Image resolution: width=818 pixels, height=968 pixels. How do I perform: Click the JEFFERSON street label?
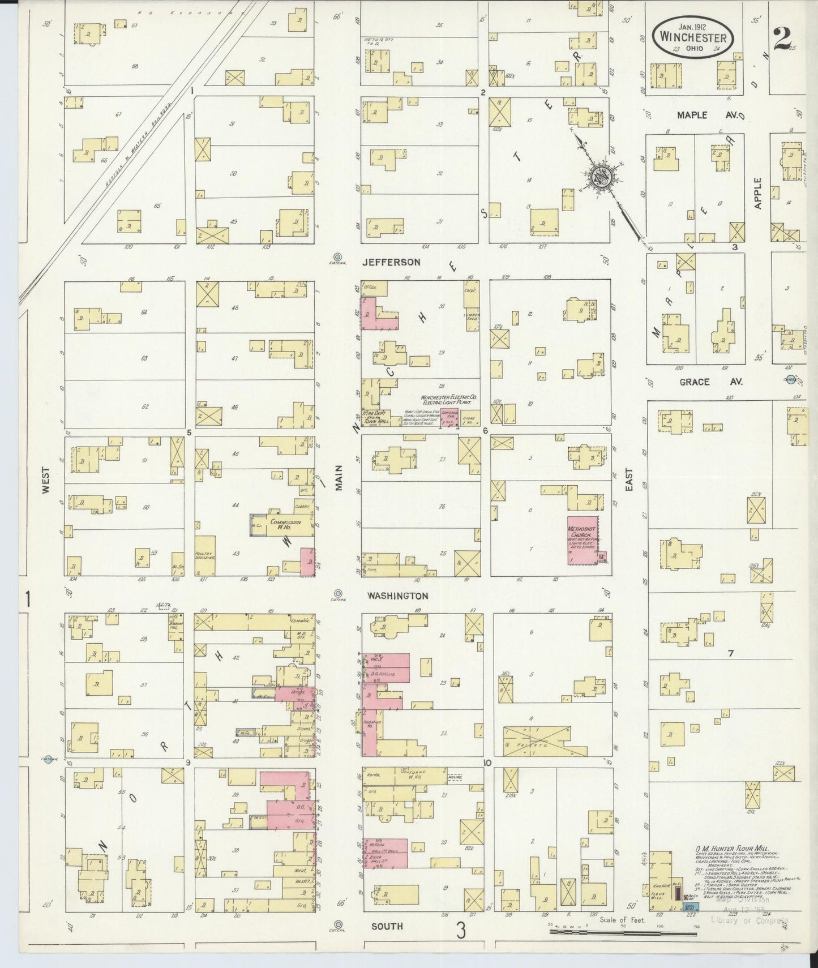click(x=392, y=262)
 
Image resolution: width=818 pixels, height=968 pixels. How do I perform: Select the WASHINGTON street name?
click(x=397, y=596)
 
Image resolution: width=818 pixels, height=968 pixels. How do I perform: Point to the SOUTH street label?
click(x=387, y=926)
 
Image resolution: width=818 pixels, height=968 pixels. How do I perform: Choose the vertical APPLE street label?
click(x=759, y=194)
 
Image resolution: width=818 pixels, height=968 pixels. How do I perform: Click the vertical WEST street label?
click(x=45, y=481)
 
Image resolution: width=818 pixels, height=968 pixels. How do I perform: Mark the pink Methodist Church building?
click(x=584, y=539)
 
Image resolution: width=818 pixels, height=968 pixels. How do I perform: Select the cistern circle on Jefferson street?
click(x=339, y=256)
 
